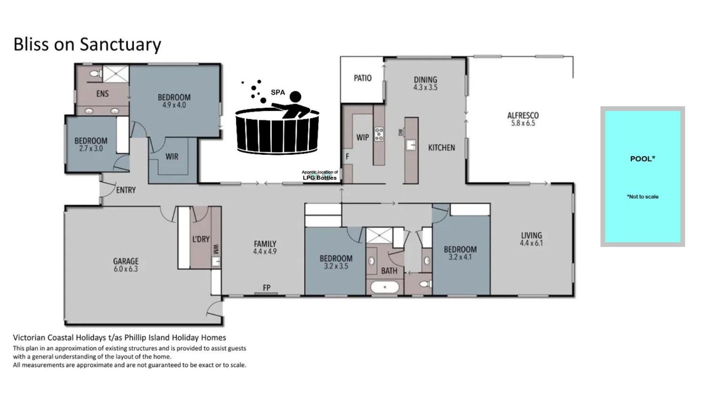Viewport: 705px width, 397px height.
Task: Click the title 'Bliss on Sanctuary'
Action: tap(87, 44)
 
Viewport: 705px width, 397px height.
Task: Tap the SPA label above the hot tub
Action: tap(278, 92)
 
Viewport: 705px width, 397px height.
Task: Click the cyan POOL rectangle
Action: tap(643, 176)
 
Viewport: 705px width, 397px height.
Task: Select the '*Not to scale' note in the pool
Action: tap(643, 197)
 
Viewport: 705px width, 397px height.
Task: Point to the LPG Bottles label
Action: tap(320, 178)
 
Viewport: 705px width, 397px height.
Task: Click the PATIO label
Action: tap(363, 78)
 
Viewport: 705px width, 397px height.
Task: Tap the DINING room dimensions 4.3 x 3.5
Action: tap(425, 87)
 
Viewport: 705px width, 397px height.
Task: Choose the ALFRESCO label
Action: tap(523, 115)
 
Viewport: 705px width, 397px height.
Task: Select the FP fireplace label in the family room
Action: tap(267, 287)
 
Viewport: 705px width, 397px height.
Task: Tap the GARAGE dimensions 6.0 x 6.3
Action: tap(126, 269)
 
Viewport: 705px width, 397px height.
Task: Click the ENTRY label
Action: tap(126, 190)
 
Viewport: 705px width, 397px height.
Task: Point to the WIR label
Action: tap(172, 157)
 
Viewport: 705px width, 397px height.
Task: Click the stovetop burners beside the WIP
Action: tap(379, 134)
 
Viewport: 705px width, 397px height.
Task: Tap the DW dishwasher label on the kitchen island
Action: tap(401, 132)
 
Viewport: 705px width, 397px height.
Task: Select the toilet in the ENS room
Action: tap(95, 74)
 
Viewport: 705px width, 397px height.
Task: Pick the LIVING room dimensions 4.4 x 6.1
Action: tap(531, 243)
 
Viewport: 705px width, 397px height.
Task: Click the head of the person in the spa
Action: tap(295, 97)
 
